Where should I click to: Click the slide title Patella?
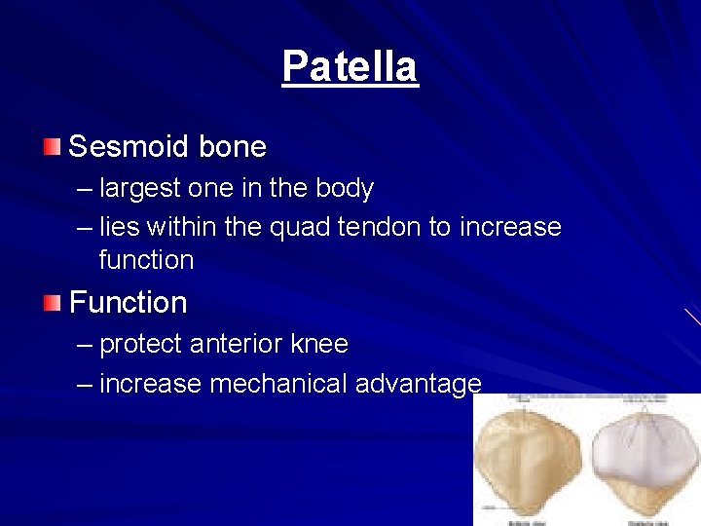350,67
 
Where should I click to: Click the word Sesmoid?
129,147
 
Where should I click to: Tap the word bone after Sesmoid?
232,147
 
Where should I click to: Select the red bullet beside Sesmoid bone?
51,147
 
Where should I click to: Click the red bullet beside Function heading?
51,303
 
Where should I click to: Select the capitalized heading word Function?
128,303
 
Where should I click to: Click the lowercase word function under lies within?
146,260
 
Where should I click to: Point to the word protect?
142,345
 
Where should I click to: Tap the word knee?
319,345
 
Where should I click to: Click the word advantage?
418,385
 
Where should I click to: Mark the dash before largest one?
85,188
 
